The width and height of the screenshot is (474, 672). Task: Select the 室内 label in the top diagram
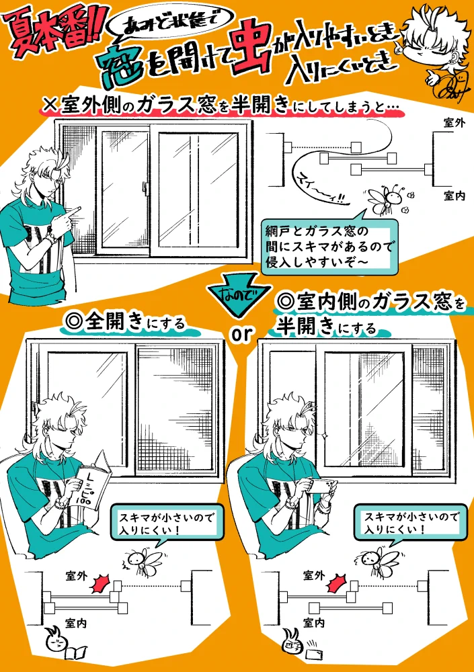click(x=455, y=196)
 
